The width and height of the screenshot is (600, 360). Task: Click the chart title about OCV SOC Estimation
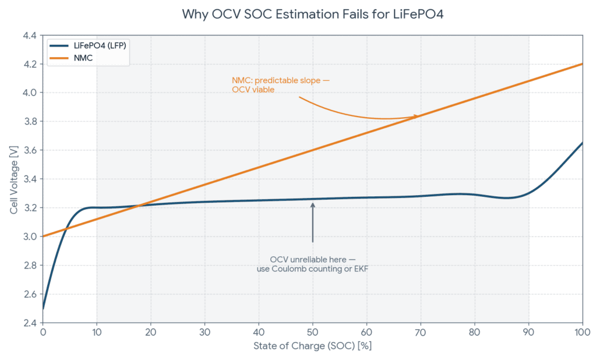coord(312,14)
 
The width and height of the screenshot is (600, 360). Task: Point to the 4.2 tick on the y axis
coord(30,64)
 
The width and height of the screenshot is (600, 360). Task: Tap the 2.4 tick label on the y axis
coord(30,323)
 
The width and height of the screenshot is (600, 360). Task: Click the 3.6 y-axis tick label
coord(30,150)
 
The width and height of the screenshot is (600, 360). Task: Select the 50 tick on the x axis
coord(312,333)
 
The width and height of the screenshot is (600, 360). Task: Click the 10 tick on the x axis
coord(97,333)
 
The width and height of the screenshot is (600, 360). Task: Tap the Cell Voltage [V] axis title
coord(13,179)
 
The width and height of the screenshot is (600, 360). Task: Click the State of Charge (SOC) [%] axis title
coord(312,346)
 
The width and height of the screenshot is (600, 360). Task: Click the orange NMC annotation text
coord(280,84)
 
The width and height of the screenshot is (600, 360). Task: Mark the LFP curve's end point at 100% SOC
coord(582,143)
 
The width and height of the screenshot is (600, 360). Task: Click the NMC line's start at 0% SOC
coord(43,236)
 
